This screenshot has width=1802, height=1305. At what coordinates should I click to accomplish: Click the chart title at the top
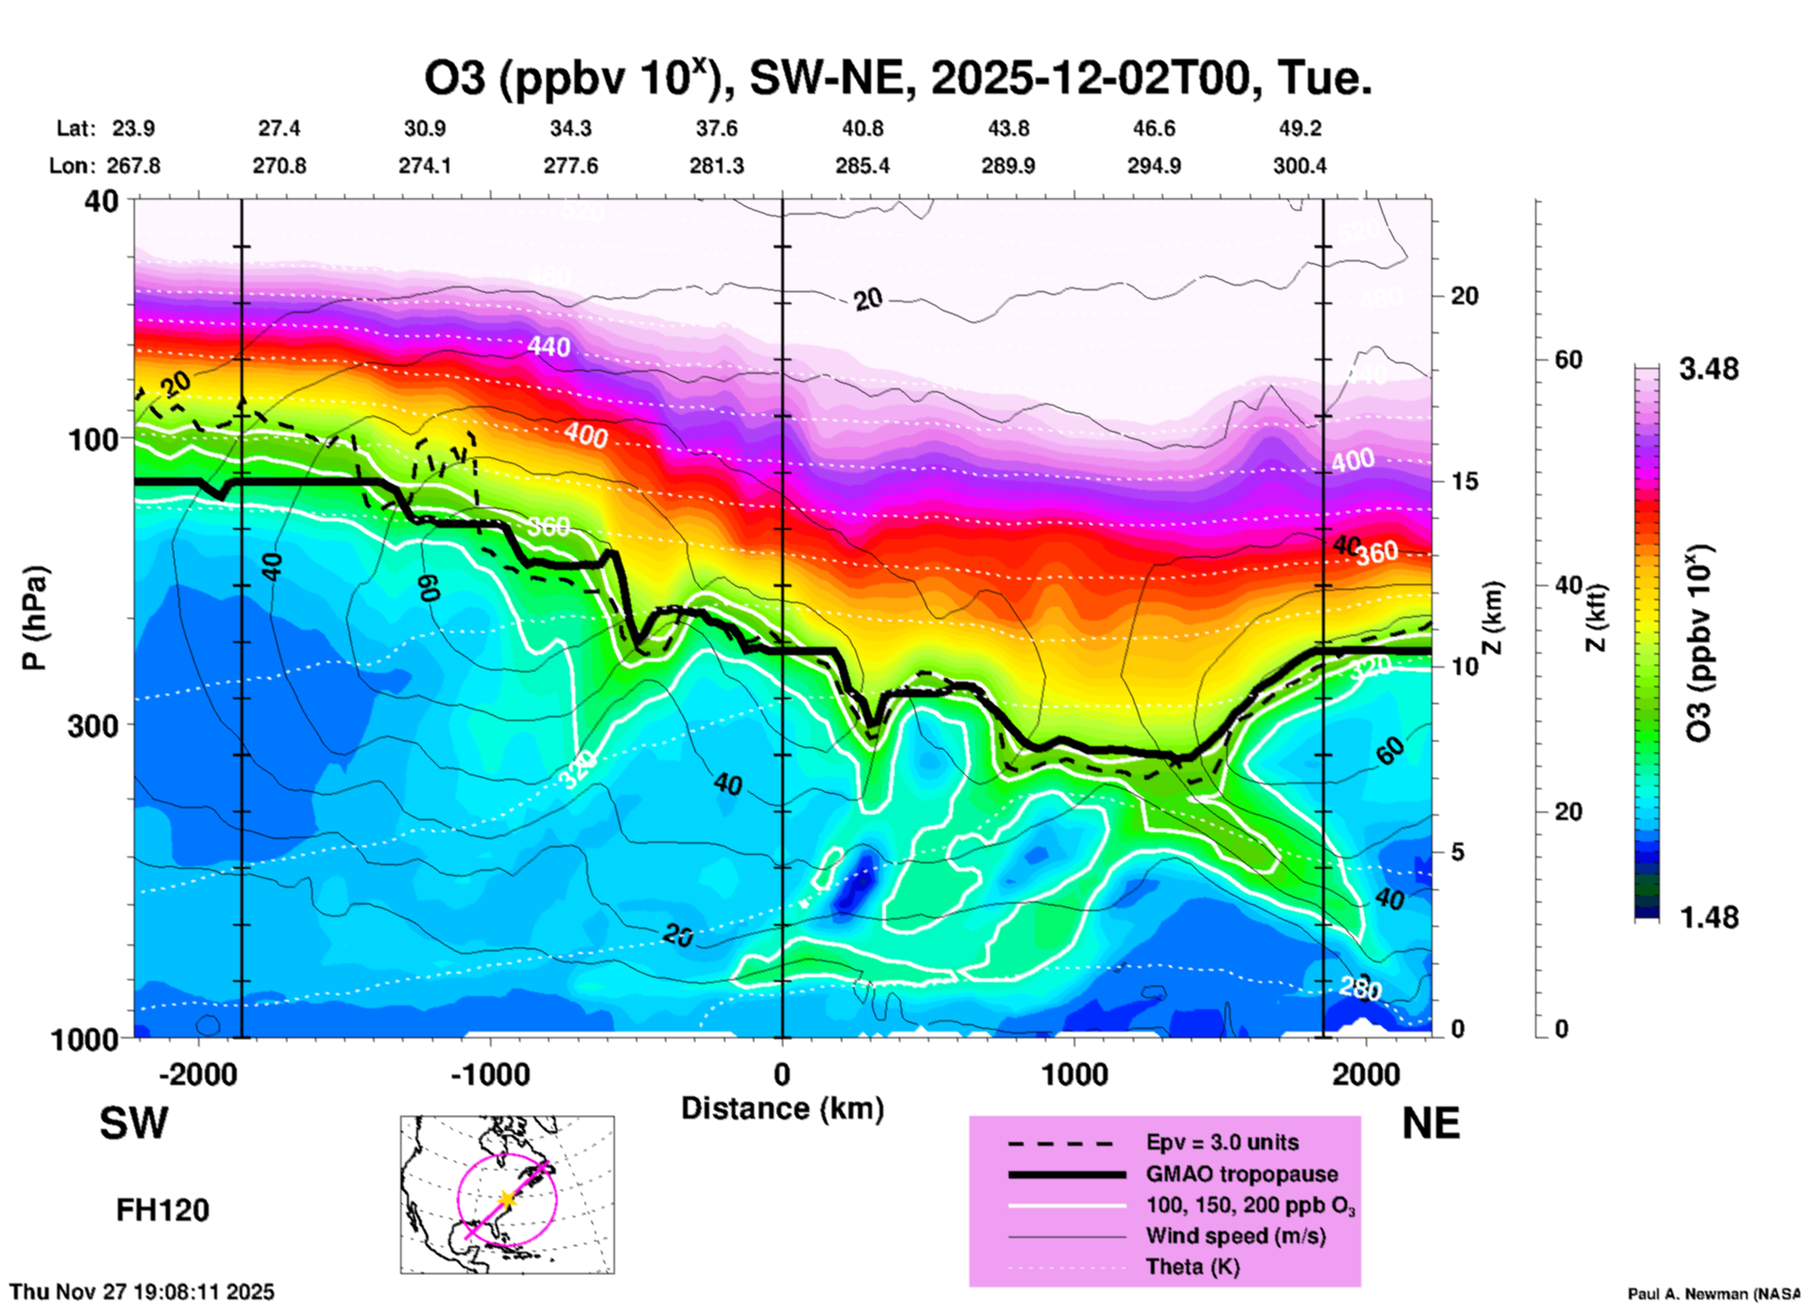[898, 79]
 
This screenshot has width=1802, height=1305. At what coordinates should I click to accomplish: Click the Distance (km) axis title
[782, 1108]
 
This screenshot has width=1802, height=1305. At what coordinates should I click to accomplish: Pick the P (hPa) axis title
[35, 618]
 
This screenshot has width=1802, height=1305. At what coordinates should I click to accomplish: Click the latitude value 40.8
[862, 128]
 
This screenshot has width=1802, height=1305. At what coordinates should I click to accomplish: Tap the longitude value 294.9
[1154, 166]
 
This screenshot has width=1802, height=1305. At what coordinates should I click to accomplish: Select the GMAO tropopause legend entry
[1242, 1174]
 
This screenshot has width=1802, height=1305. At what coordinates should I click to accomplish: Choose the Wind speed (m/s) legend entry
[1235, 1236]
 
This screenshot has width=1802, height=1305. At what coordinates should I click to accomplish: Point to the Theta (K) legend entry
[1192, 1267]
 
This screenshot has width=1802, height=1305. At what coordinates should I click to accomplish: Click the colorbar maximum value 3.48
[1708, 370]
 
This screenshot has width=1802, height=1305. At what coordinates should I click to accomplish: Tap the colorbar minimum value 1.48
[1708, 917]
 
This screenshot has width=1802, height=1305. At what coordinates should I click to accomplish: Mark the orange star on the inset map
[506, 1199]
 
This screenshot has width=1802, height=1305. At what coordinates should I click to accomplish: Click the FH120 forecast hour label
[163, 1210]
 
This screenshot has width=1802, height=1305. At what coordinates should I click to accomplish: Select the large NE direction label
[1431, 1123]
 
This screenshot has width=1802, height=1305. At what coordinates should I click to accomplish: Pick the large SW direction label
[134, 1123]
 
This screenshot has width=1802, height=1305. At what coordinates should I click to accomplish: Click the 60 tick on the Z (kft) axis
[1568, 359]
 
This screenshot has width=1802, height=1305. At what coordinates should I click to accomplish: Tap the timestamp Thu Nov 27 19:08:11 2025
[142, 1292]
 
